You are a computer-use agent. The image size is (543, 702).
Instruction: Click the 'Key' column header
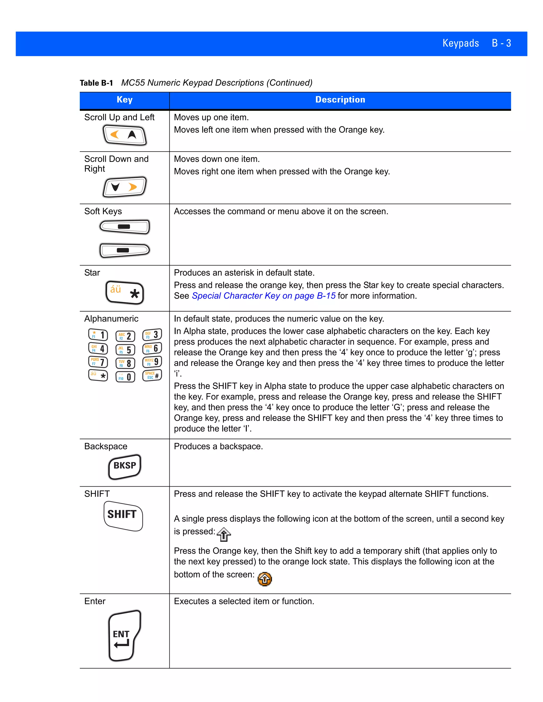click(125, 100)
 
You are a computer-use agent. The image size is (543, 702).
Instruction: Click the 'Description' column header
click(340, 100)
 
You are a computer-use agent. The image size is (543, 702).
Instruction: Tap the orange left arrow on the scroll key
click(115, 134)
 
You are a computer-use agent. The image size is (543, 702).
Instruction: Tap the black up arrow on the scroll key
click(132, 134)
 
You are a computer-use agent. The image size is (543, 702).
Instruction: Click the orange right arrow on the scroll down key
click(133, 187)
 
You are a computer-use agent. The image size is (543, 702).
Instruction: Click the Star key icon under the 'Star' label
click(125, 292)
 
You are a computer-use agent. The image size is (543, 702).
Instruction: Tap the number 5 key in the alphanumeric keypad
click(125, 350)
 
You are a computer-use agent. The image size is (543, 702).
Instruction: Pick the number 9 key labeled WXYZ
click(152, 362)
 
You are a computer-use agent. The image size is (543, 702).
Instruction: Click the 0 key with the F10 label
click(125, 377)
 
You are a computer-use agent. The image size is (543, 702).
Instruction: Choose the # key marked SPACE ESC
click(152, 375)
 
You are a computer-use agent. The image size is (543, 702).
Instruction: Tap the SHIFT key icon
click(123, 515)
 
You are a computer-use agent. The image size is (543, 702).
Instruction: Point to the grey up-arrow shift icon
click(224, 534)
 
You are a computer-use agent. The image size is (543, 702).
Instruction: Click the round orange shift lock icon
click(265, 579)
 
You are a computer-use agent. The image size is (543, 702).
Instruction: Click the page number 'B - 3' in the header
click(501, 43)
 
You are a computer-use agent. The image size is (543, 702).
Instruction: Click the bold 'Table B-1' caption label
click(96, 83)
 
